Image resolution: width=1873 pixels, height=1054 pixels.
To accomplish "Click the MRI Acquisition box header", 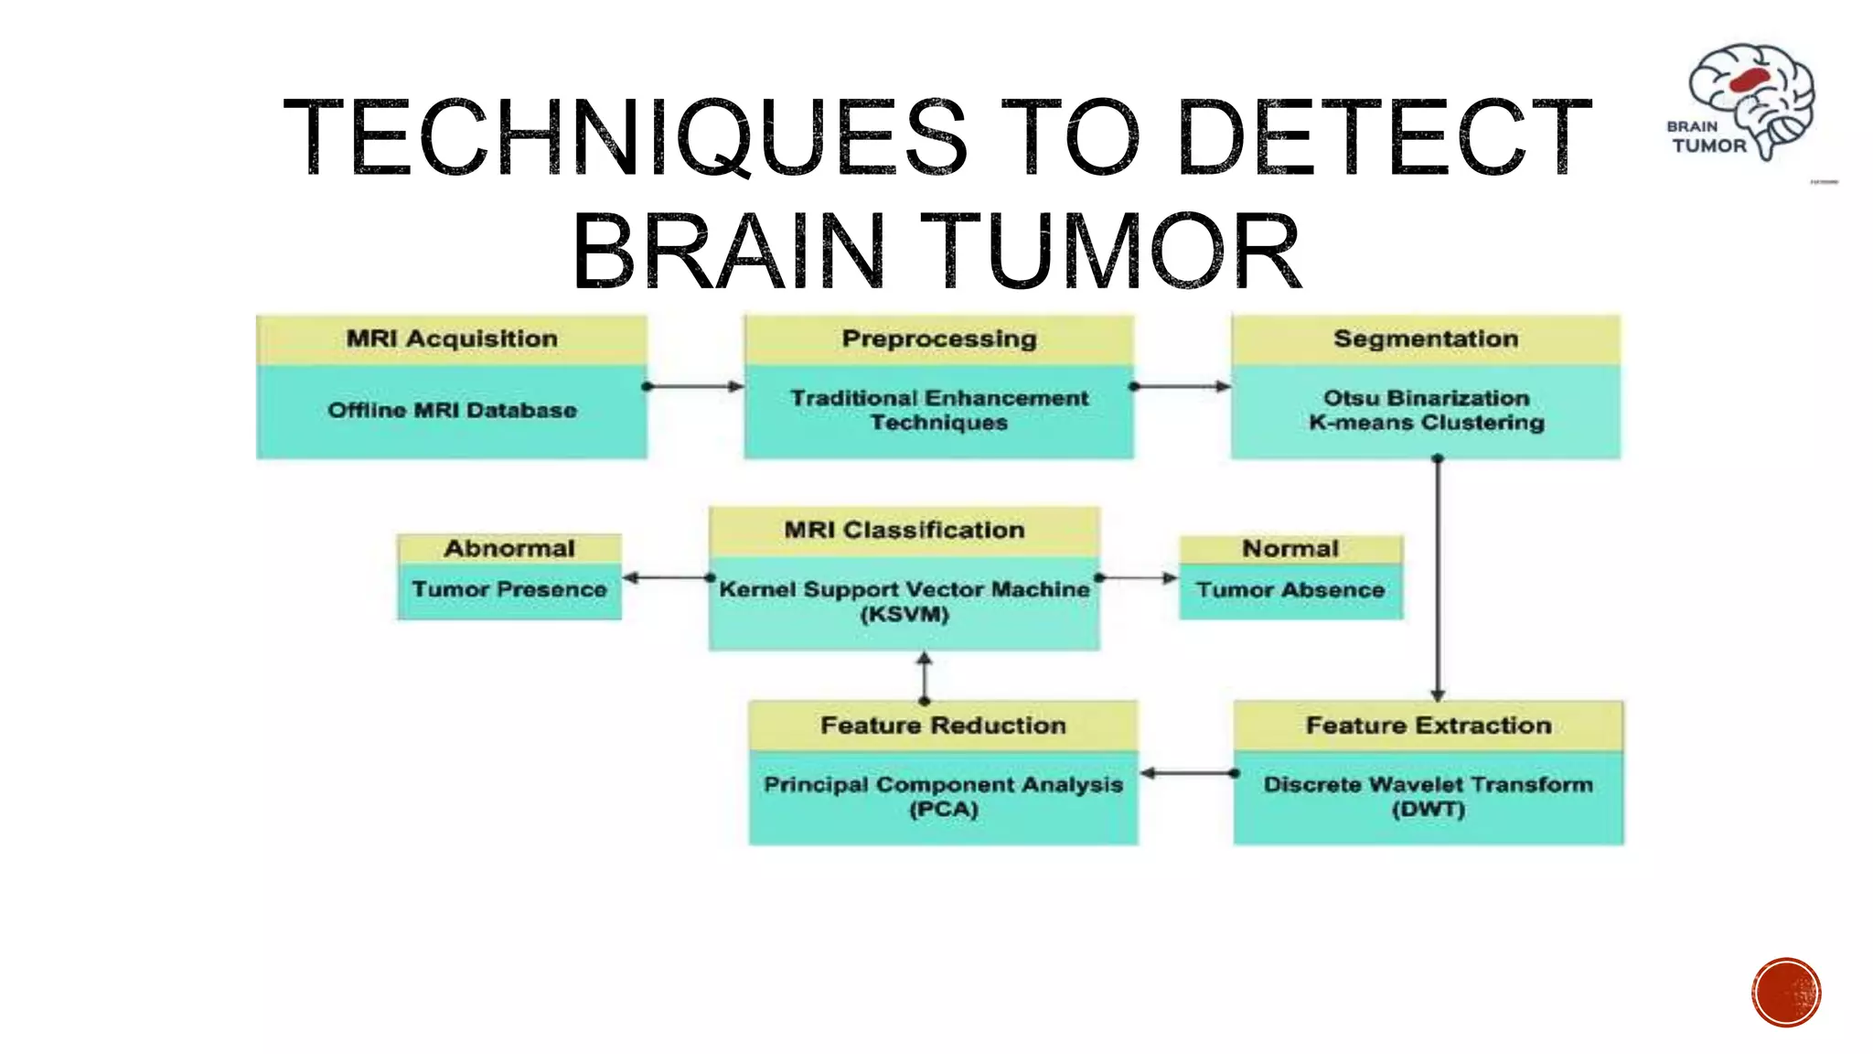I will point(452,339).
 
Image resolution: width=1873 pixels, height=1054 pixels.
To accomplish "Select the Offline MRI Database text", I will point(452,411).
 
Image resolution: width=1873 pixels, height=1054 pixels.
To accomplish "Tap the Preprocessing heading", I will point(939,339).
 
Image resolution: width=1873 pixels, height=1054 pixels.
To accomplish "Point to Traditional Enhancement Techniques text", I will point(939,411).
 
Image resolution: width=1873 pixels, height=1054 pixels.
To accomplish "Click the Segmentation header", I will point(1426,339).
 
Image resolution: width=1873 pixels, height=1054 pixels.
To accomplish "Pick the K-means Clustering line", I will point(1426,423).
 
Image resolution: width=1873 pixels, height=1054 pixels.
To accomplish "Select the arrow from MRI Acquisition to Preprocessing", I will point(695,387).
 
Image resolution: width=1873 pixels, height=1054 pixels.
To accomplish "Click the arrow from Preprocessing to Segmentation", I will point(1182,387).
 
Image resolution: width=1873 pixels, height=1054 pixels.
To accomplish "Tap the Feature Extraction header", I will point(1429,726).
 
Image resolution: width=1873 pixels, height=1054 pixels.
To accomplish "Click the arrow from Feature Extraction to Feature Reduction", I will point(1187,774).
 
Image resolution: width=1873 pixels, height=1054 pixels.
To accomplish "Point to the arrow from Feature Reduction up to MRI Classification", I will point(925,677).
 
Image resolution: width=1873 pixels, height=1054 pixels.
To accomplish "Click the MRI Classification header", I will point(904,531).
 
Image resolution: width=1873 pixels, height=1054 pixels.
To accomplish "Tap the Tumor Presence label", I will point(509,590).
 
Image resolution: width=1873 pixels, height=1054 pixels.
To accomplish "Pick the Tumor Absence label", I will point(1290,591).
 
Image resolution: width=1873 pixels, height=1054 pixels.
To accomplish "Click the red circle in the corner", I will point(1786,993).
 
